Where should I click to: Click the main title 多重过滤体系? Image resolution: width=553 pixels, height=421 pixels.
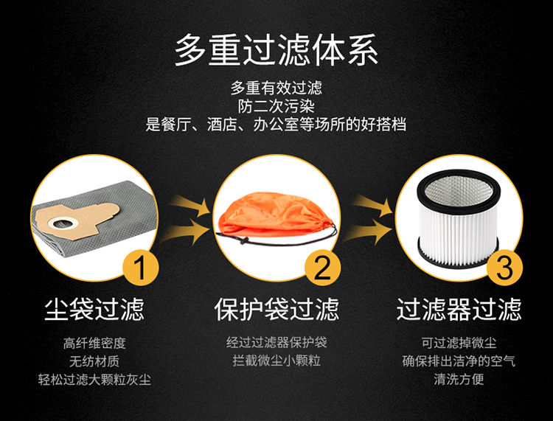276,49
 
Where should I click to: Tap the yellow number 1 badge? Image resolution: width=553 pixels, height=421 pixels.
140,267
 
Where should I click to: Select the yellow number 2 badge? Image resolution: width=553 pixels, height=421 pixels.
322,267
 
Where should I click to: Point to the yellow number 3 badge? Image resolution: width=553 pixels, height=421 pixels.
504,267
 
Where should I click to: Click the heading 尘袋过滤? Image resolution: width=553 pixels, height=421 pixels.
94,309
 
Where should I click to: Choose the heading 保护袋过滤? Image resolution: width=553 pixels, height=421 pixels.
276,309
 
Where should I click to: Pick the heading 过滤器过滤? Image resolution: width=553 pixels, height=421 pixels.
459,309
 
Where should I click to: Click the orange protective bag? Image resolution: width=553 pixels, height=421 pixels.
275,214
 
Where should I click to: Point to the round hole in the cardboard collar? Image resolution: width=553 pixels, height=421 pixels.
63,223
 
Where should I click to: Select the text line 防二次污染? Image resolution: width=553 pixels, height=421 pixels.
276,106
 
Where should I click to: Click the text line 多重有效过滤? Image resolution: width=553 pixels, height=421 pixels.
276,88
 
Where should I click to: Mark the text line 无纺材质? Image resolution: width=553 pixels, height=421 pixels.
94,361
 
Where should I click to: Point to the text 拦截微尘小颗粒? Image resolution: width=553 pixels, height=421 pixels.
276,361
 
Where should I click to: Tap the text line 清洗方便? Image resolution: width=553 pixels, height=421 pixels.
459,380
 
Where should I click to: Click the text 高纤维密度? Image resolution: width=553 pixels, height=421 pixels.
94,343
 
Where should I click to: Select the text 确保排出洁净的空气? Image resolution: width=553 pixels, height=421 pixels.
459,361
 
